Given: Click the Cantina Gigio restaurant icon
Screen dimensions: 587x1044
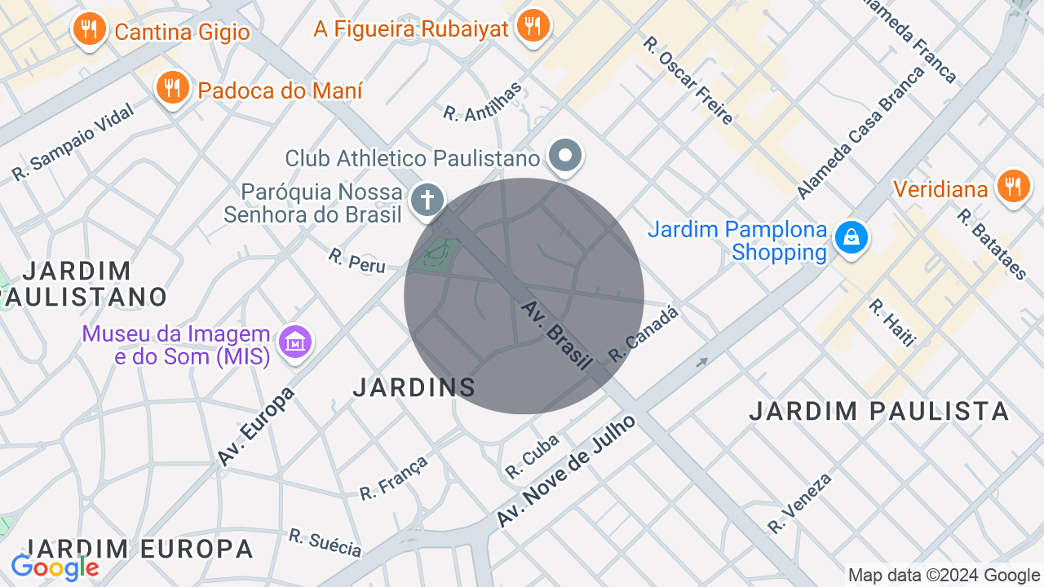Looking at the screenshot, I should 90,30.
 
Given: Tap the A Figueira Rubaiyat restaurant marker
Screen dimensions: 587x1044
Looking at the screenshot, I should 533,25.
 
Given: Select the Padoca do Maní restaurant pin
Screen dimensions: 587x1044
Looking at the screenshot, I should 172,87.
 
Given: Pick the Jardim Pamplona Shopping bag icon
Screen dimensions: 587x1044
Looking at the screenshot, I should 851,237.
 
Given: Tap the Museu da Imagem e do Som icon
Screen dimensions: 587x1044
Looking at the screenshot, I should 295,342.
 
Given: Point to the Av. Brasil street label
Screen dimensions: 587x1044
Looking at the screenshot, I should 557,335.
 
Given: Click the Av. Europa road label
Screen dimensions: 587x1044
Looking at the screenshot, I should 256,426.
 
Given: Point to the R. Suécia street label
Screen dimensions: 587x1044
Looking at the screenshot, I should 325,543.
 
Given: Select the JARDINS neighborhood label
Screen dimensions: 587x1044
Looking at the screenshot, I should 414,388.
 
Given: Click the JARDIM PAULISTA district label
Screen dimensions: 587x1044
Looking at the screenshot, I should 879,411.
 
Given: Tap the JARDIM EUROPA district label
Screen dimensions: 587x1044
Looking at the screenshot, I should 139,549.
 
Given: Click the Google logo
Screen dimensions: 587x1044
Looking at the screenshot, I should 55,567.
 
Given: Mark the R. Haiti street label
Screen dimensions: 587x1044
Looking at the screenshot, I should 891,323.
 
